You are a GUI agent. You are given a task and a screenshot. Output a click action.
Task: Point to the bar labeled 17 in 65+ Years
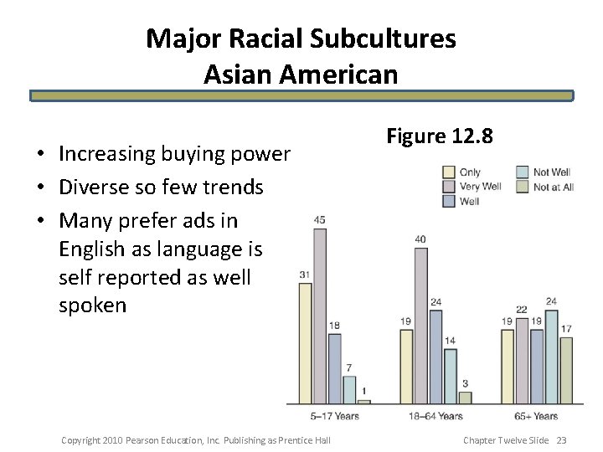pyautogui.click(x=565, y=368)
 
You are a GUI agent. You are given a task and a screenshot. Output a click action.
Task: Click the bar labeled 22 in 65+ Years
pyautogui.click(x=522, y=360)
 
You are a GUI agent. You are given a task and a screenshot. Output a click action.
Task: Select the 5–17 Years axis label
pyautogui.click(x=336, y=416)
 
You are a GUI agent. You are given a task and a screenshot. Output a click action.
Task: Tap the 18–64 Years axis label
pyautogui.click(x=436, y=416)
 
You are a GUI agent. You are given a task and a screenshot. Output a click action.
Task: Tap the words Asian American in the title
pyautogui.click(x=301, y=74)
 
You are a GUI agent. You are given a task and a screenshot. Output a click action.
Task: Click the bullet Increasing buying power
pyautogui.click(x=174, y=154)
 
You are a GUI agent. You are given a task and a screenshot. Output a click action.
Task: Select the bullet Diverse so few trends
pyautogui.click(x=161, y=187)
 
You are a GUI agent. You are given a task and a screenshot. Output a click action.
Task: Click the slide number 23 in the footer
pyautogui.click(x=561, y=440)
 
